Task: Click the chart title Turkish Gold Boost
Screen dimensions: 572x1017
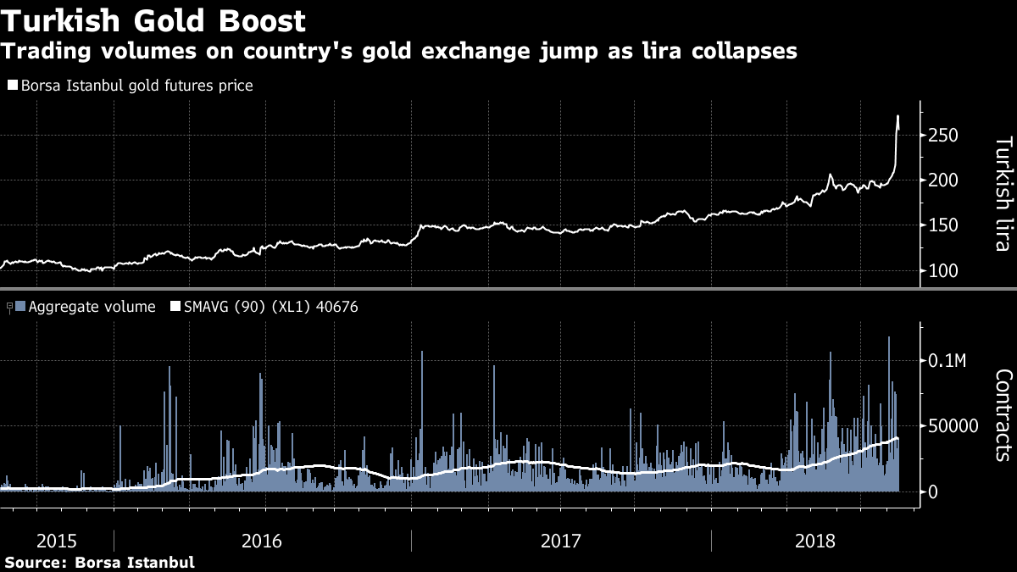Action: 153,19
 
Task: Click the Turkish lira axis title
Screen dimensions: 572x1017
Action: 1003,194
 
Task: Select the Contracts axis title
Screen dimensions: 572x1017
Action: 1003,415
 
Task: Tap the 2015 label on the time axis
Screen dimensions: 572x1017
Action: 56,540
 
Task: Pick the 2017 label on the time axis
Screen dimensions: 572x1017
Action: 559,540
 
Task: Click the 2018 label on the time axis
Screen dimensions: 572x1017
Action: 815,540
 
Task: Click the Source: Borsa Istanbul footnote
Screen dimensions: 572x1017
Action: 100,562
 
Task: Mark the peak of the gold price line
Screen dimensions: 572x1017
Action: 898,116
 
